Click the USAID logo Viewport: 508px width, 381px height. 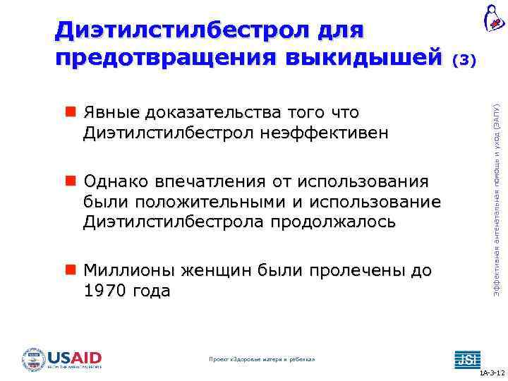pos(62,358)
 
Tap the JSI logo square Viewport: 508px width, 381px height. pos(466,358)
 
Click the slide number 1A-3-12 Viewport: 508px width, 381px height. pos(491,372)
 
